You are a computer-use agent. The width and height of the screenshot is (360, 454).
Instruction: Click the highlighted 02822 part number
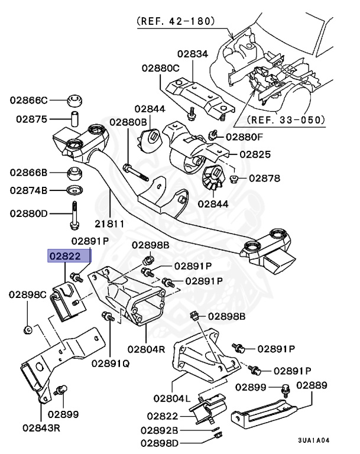tap(70, 256)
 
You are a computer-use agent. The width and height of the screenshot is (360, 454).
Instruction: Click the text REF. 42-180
tap(175, 21)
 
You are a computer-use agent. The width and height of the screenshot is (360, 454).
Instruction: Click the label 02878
tap(264, 178)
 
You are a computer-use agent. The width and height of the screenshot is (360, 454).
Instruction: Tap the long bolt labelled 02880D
tap(75, 215)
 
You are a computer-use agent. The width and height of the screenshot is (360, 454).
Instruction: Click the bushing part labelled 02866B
tap(75, 173)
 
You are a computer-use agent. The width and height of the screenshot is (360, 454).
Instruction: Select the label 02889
tap(312, 385)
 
